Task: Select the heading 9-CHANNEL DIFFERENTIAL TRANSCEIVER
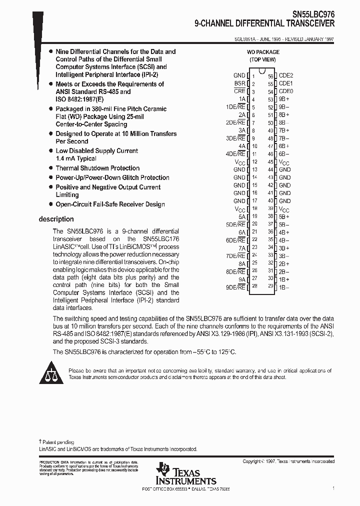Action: point(264,23)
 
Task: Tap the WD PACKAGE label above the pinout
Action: point(263,52)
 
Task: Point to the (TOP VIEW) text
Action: point(263,59)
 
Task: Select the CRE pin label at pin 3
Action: point(239,91)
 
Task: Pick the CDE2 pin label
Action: point(285,76)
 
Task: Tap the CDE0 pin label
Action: point(285,91)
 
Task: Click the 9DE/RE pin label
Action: point(235,287)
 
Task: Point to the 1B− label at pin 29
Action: point(284,287)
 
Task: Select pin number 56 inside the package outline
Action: point(270,76)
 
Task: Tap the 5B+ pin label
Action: point(284,216)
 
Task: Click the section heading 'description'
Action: point(56,219)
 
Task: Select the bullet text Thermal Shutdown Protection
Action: point(97,168)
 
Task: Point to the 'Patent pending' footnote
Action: point(57,442)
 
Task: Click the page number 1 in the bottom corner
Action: point(333,487)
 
